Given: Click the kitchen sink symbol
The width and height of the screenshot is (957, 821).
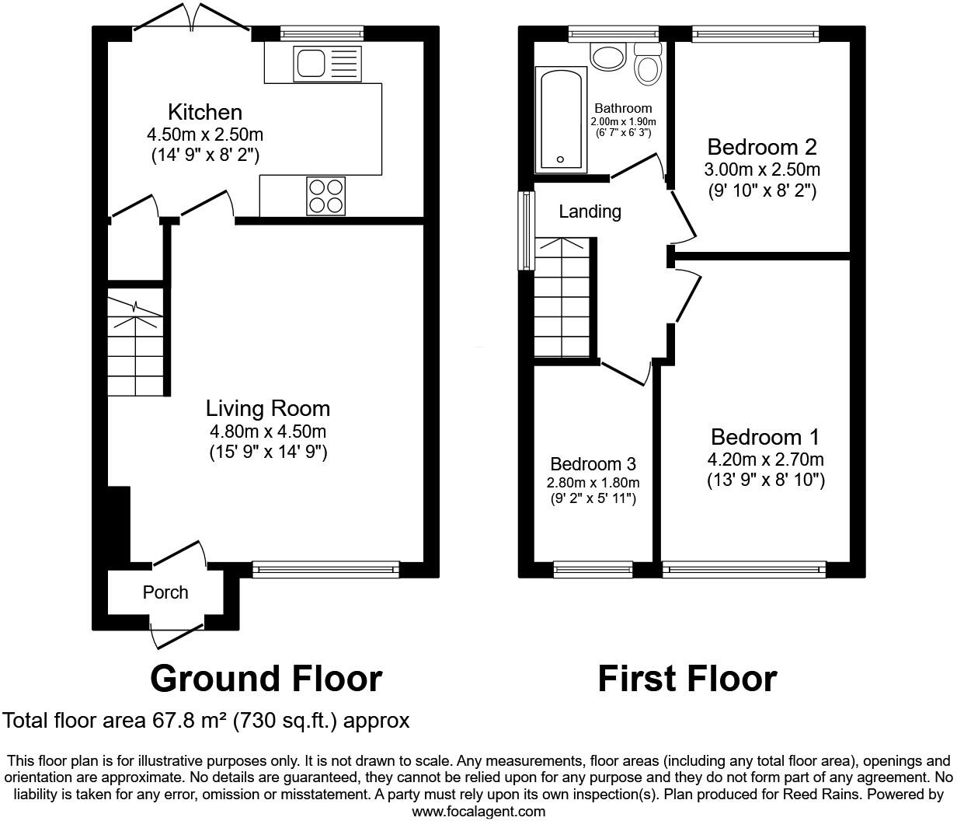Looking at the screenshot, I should (x=327, y=63).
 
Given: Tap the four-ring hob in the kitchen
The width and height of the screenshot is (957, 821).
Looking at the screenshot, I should (x=326, y=196).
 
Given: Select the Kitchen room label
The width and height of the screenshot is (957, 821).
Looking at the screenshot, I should (x=205, y=112).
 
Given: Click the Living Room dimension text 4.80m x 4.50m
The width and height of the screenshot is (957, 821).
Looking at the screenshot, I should (x=267, y=432).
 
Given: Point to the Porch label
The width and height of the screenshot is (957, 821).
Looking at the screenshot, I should (x=165, y=592).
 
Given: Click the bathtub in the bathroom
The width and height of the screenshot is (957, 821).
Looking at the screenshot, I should (x=559, y=119).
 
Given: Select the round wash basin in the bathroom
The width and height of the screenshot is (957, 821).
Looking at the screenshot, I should (x=608, y=56).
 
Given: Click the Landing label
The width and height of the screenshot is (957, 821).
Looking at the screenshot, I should (x=590, y=211).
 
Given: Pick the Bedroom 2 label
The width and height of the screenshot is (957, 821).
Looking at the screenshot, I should (x=751, y=147).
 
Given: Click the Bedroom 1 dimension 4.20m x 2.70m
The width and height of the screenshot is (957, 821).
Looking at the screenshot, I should (x=765, y=459).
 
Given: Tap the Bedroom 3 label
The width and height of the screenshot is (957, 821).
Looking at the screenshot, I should (x=593, y=464).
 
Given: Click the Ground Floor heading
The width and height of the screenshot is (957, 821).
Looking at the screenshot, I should (x=266, y=679).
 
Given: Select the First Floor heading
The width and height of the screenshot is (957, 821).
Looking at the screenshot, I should (x=687, y=679).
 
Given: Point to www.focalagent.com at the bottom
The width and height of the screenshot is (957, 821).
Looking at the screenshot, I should (x=478, y=812).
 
